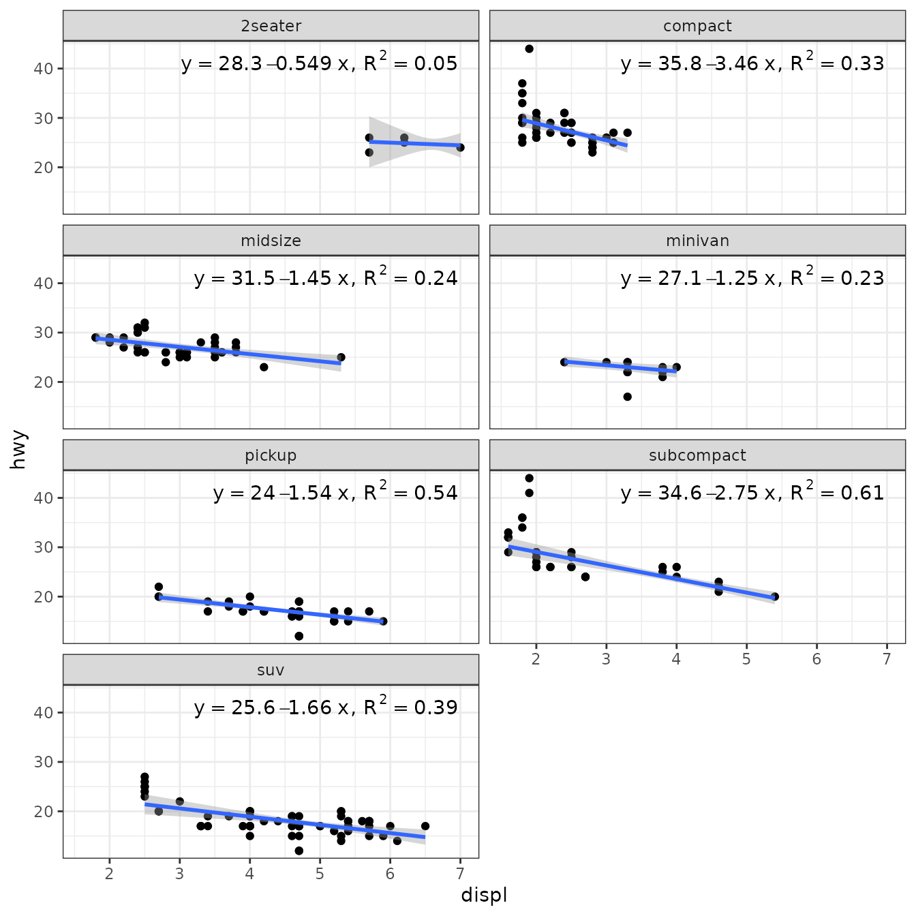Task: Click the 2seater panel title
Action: [271, 26]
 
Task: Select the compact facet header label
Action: [697, 26]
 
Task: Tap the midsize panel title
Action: [271, 241]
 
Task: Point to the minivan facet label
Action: [697, 241]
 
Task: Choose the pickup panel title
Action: [271, 455]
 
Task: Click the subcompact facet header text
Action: [697, 455]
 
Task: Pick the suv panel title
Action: [271, 670]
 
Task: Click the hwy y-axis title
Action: [18, 450]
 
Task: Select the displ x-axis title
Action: [484, 895]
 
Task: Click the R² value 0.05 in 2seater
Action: [436, 64]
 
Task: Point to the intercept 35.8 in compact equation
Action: [680, 64]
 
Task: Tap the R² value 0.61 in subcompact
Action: [862, 493]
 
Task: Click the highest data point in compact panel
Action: [529, 49]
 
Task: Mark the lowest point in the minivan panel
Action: [627, 397]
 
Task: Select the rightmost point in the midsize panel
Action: [341, 357]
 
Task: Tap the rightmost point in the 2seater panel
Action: [460, 147]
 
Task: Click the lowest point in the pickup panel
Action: [299, 636]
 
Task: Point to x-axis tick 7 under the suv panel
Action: [460, 874]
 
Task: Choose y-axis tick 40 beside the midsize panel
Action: [43, 284]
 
